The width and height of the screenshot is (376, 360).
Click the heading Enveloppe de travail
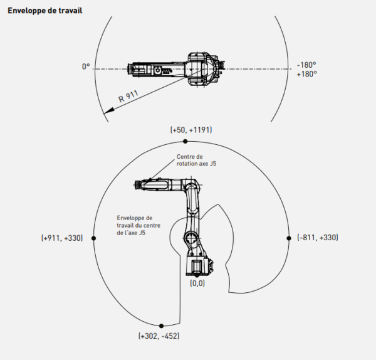[45, 11]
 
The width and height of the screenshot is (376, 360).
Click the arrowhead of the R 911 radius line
[108, 111]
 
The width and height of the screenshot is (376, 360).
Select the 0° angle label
[86, 66]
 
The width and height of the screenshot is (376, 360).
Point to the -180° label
[306, 65]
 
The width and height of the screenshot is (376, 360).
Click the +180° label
[306, 74]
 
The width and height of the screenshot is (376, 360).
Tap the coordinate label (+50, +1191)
[191, 130]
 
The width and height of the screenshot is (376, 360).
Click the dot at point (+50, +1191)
[185, 141]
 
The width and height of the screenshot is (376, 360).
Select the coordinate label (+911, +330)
[62, 238]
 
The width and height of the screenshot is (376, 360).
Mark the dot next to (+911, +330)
[94, 238]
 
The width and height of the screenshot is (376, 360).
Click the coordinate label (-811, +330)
[318, 237]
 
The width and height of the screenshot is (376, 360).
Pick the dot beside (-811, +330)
[289, 238]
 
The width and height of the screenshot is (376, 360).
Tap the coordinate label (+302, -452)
[159, 336]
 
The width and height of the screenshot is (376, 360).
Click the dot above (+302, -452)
[162, 326]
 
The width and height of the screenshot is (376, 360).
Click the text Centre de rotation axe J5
[196, 160]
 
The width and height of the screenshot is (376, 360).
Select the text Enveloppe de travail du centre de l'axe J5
[138, 225]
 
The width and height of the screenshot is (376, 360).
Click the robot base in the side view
[199, 266]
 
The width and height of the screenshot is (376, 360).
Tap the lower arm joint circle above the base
[191, 238]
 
